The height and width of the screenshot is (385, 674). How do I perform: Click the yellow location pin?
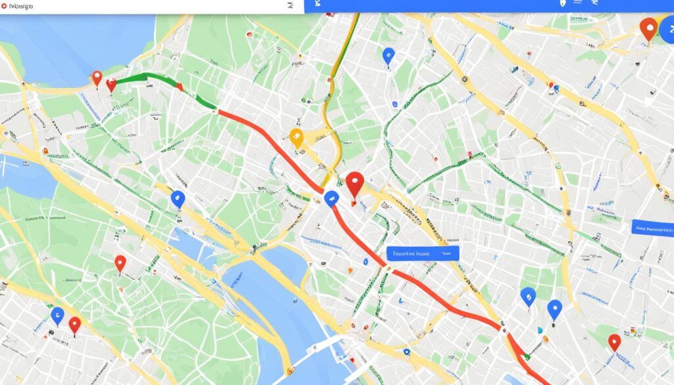click(296, 138)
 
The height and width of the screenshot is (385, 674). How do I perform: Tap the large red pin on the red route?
click(355, 184)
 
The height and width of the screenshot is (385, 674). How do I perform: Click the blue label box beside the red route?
click(422, 253)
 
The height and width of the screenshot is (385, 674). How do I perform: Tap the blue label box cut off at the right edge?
click(652, 228)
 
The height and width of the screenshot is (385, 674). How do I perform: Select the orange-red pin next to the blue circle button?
click(648, 28)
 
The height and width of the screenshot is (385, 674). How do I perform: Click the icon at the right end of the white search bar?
click(290, 5)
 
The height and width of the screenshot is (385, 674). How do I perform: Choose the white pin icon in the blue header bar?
click(562, 3)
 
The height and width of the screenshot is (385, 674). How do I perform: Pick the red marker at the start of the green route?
click(111, 84)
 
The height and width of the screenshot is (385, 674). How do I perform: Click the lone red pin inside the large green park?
click(120, 263)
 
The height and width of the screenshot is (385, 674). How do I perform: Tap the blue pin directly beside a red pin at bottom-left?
click(57, 315)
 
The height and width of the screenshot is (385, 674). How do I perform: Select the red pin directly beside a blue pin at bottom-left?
click(74, 324)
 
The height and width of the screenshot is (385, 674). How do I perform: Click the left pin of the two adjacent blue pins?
click(527, 297)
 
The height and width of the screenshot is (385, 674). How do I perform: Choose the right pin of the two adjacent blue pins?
click(554, 309)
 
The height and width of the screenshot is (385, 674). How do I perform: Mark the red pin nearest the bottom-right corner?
click(614, 341)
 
